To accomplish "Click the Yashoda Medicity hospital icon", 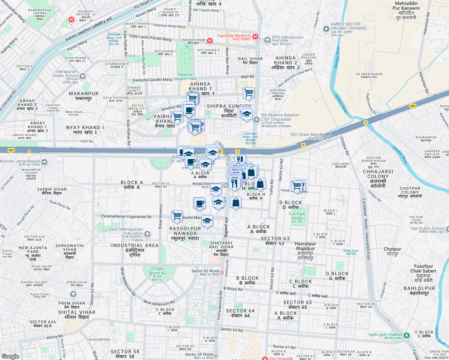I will (x=255, y=37).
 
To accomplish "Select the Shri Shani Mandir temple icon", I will (x=328, y=136).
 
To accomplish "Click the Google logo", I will (x=10, y=356).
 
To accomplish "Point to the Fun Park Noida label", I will (x=297, y=216).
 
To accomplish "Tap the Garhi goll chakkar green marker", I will (x=406, y=335).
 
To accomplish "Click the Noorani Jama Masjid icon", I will (x=44, y=162).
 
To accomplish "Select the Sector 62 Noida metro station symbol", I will (x=222, y=273).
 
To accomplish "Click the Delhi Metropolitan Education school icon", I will (x=147, y=234).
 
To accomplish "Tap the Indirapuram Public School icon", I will (x=83, y=76).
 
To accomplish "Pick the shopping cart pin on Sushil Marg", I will (x=177, y=216).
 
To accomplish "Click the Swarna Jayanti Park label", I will (x=185, y=77).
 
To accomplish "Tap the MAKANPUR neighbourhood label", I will (x=83, y=96).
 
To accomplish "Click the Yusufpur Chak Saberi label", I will (x=423, y=268).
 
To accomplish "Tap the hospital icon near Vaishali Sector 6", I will (x=71, y=20).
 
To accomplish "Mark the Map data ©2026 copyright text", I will (x=436, y=358).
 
